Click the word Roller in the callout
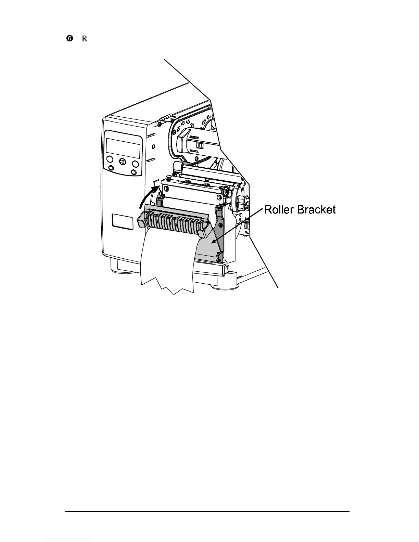(x=279, y=209)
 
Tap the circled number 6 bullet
(x=69, y=39)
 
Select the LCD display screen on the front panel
(x=123, y=148)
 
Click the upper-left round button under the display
(x=110, y=159)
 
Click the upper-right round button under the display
(x=136, y=164)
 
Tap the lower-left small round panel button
(x=111, y=168)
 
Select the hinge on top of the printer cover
(x=166, y=119)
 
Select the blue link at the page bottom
(x=68, y=539)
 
